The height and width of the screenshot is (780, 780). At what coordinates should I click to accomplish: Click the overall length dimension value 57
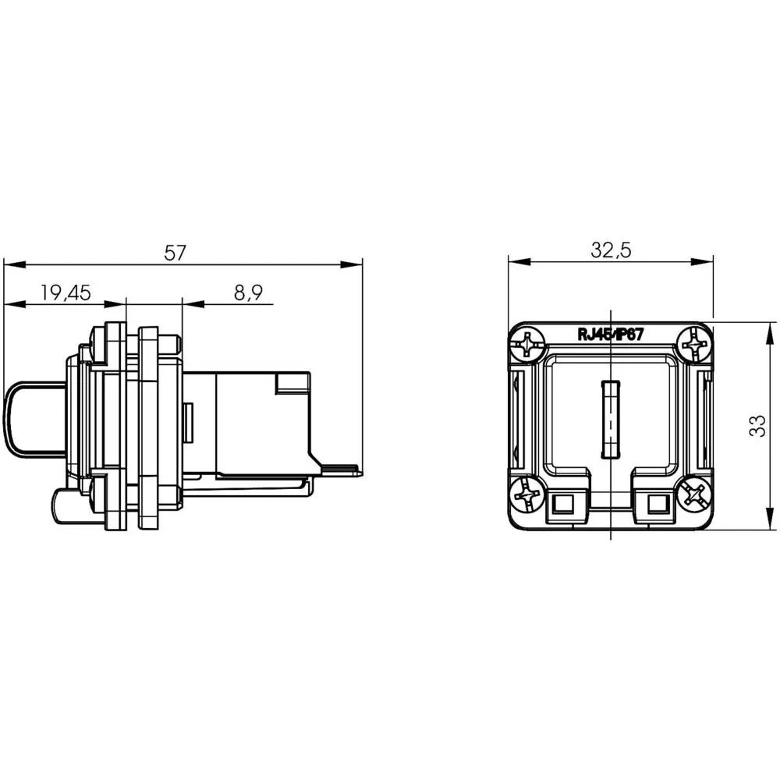[175, 252]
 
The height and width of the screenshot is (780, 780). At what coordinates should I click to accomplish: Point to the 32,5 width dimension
[611, 250]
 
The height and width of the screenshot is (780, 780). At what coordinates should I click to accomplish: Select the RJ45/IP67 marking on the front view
[610, 335]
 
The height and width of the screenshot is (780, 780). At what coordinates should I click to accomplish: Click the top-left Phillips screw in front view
[529, 343]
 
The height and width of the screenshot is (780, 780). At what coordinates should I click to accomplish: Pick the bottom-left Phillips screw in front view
[528, 495]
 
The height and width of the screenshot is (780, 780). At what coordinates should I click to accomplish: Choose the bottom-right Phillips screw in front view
[693, 494]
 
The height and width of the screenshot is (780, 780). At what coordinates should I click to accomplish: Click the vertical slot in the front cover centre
[609, 420]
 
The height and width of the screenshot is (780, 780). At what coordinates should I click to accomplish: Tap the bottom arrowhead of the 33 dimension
[762, 526]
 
